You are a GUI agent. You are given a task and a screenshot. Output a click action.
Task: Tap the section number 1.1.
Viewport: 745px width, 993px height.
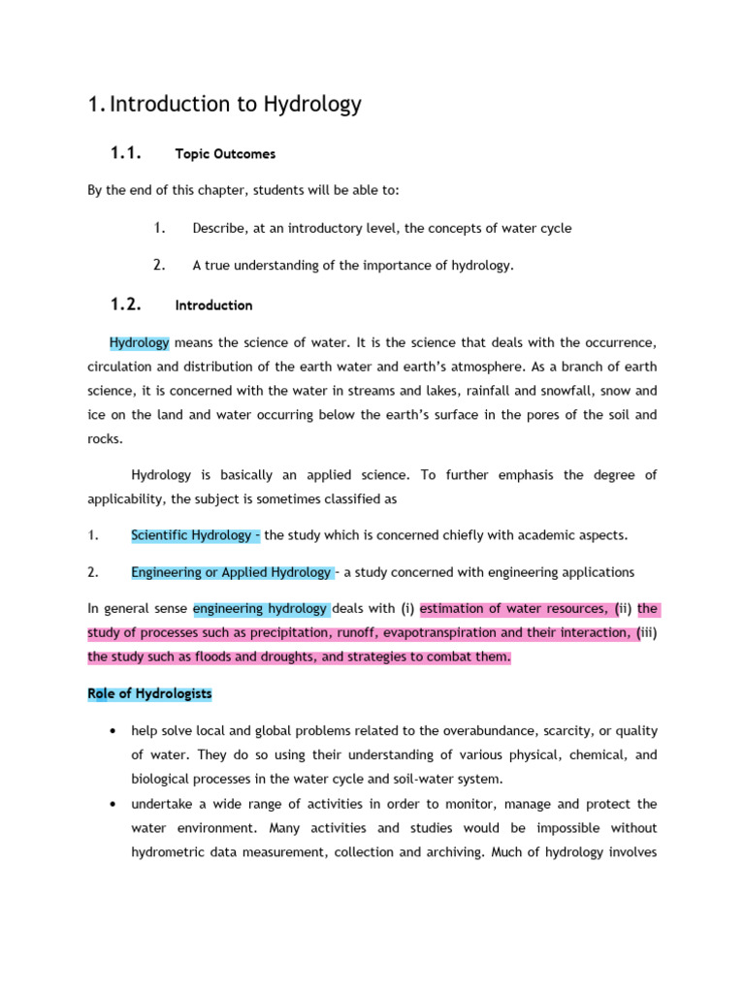(x=125, y=152)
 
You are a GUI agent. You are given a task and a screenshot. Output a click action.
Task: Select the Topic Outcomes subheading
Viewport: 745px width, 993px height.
(x=225, y=154)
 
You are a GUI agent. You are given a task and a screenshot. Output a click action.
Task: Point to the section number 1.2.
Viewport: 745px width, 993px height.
(x=125, y=304)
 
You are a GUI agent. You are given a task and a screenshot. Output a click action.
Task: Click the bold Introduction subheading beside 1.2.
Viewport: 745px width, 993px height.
(x=213, y=305)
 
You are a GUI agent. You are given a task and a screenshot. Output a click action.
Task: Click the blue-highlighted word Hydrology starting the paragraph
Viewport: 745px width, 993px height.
(x=140, y=343)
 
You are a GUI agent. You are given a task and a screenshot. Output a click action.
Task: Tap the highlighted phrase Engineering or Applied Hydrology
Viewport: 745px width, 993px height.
(x=231, y=572)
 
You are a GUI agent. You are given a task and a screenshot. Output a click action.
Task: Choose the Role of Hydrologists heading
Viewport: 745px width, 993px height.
(x=149, y=694)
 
